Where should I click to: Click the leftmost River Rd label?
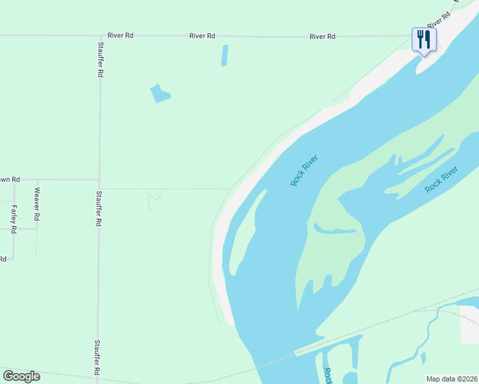tap(120, 36)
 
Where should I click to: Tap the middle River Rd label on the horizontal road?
tap(202, 36)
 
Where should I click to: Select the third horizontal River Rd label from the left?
tap(322, 36)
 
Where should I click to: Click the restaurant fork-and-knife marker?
tap(424, 40)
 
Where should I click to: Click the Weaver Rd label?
tap(37, 204)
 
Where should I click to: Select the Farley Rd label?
tap(13, 219)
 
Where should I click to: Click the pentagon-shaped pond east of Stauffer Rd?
tap(159, 93)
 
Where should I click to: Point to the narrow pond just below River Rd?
tap(225, 56)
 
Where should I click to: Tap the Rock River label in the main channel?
tap(304, 170)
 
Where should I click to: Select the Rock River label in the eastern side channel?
tap(442, 179)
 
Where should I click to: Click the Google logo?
tap(22, 376)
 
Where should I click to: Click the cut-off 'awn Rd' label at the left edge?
tap(10, 179)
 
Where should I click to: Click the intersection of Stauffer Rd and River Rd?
tap(99, 36)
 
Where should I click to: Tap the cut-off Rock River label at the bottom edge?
tap(327, 376)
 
